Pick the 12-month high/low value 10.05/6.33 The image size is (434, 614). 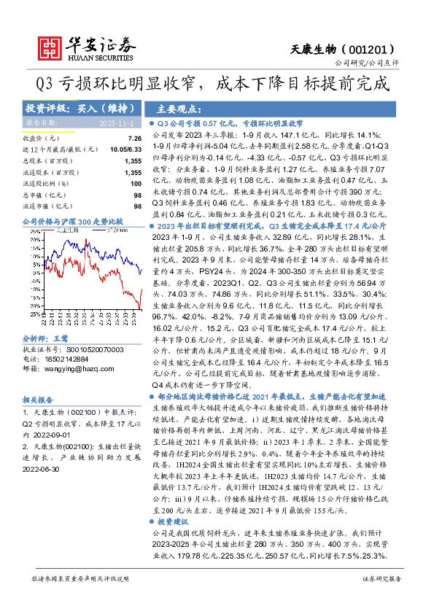126,149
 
